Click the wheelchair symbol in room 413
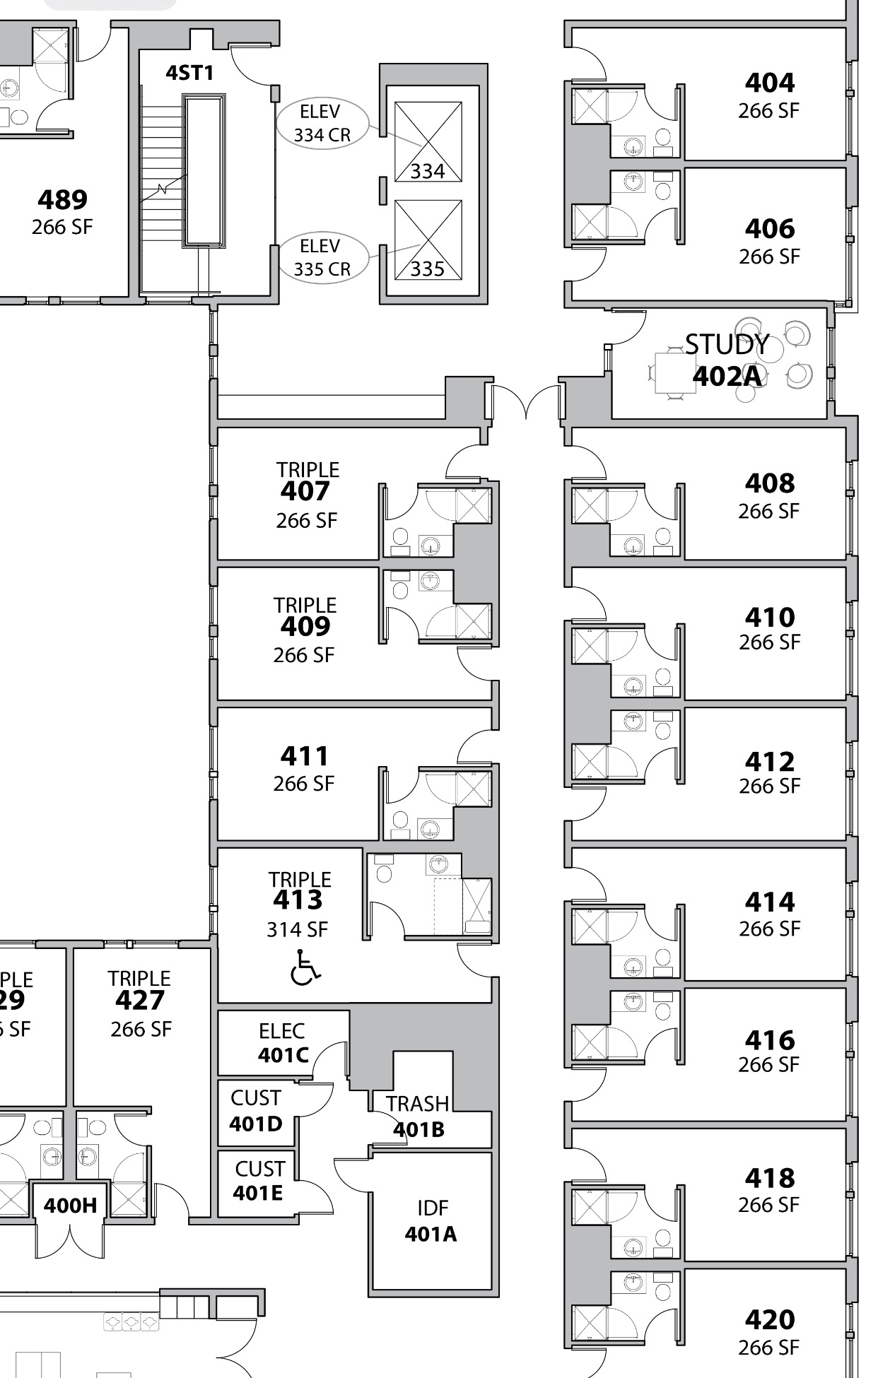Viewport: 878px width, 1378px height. pyautogui.click(x=305, y=967)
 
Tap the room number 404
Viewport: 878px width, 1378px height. pyautogui.click(x=770, y=83)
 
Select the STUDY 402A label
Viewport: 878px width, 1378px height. pyautogui.click(x=727, y=360)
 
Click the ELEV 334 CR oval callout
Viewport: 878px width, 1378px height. pyautogui.click(x=322, y=123)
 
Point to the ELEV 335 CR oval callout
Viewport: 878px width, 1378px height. pyautogui.click(x=322, y=258)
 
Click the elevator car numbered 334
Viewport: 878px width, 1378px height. pyautogui.click(x=428, y=141)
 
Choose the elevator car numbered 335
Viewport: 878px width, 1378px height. pyautogui.click(x=428, y=239)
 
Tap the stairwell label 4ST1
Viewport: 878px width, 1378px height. pyautogui.click(x=189, y=73)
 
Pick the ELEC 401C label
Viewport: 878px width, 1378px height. pyautogui.click(x=283, y=1043)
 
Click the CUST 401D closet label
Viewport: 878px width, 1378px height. pyautogui.click(x=256, y=1111)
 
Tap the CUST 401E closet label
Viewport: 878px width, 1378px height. pyautogui.click(x=259, y=1181)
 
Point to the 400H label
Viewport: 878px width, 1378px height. pyautogui.click(x=70, y=1205)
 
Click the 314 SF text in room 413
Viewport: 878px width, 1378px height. pyautogui.click(x=298, y=929)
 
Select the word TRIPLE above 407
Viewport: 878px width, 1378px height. pyautogui.click(x=308, y=470)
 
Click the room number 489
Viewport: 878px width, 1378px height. pyautogui.click(x=63, y=199)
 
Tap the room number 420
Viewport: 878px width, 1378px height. pyautogui.click(x=770, y=1319)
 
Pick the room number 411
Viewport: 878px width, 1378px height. pyautogui.click(x=305, y=756)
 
